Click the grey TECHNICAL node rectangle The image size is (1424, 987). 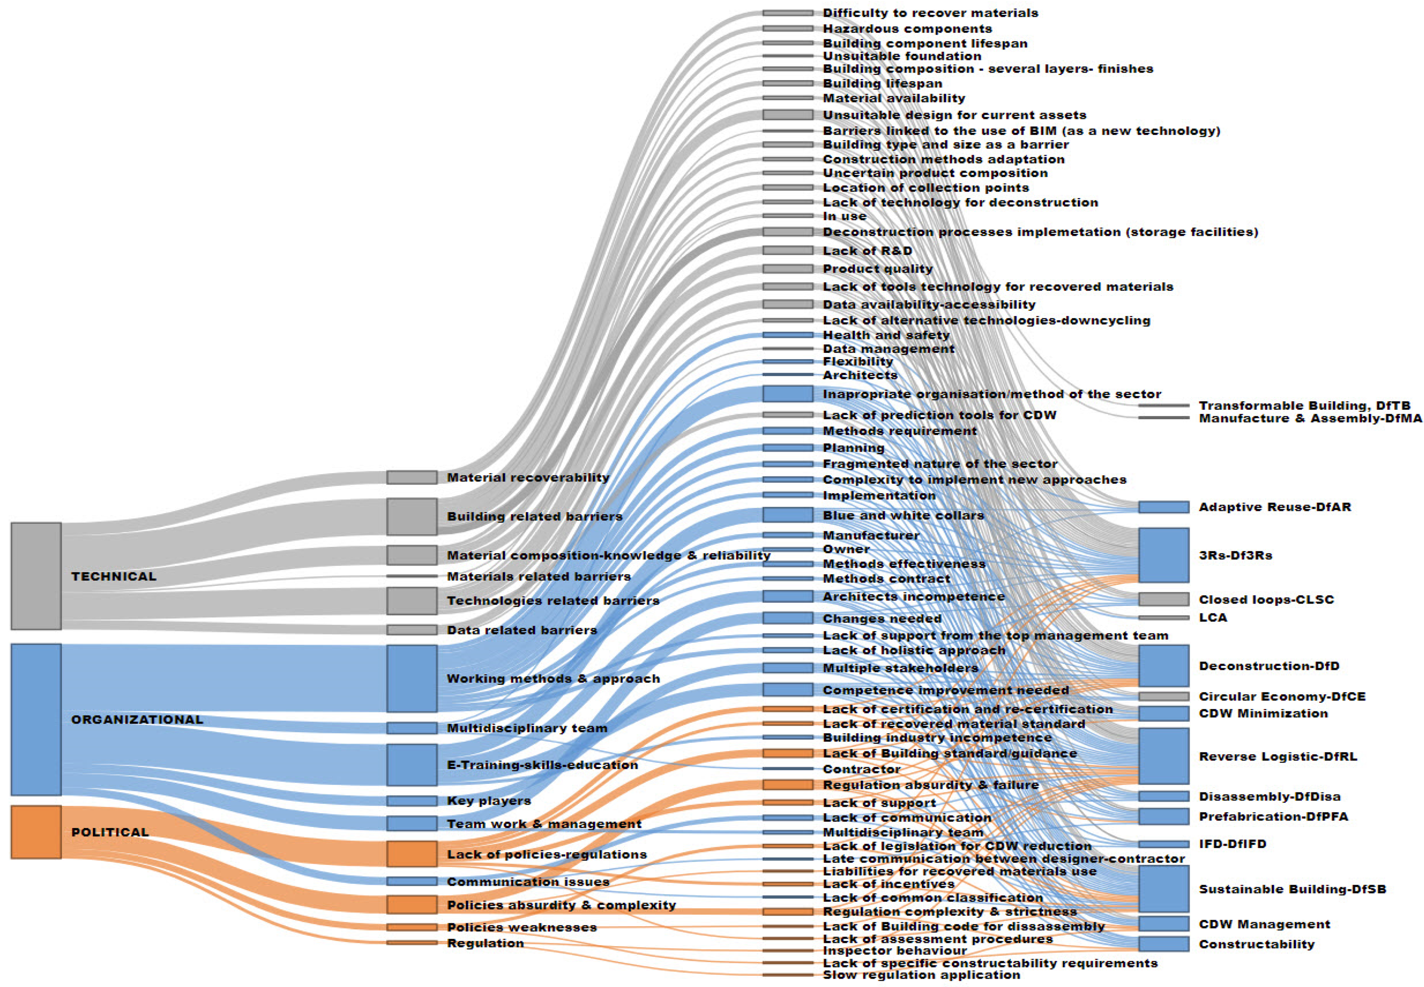36,576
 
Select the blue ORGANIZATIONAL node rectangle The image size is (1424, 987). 36,719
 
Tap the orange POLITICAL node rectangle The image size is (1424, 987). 36,832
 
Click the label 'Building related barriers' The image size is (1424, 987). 535,516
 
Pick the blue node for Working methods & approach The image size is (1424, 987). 412,679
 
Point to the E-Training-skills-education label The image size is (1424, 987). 542,765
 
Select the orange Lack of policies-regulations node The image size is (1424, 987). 412,854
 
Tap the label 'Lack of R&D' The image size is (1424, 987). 867,250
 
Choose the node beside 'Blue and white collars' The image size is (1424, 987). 788,514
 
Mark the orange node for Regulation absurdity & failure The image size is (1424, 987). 788,785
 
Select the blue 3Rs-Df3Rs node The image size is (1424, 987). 1163,555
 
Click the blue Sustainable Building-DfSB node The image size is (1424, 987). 1163,889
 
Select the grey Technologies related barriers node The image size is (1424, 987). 412,601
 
